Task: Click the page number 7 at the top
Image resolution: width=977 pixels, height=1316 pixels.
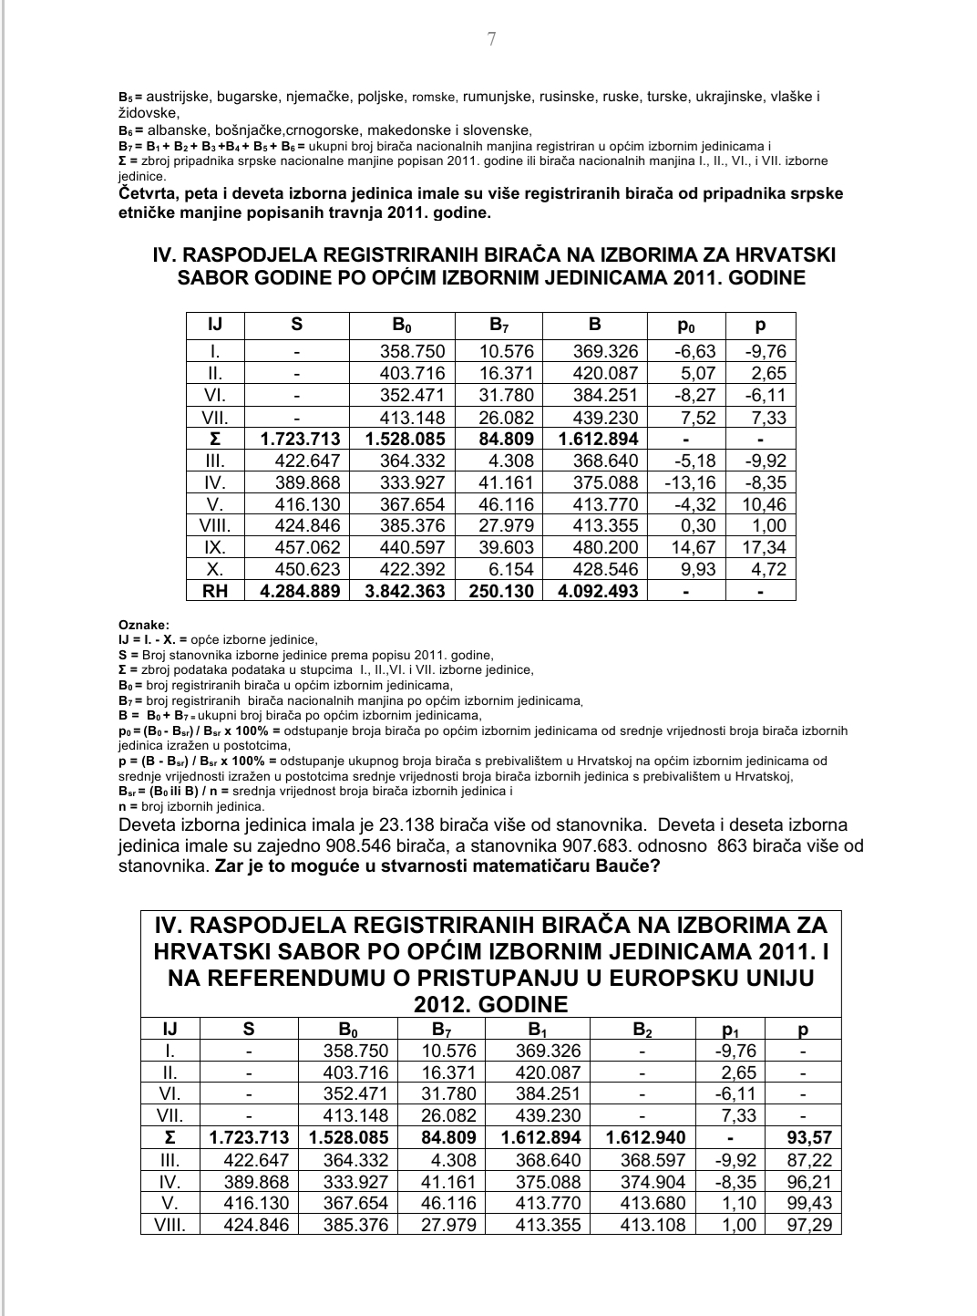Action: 492,39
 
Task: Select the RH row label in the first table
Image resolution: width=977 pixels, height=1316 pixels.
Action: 216,591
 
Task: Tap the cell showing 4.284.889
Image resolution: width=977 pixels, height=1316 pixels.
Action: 300,591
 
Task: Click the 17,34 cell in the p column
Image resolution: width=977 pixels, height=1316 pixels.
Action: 763,547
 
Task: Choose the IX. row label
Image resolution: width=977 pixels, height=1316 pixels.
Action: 216,547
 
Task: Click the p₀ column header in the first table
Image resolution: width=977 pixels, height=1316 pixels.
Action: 685,326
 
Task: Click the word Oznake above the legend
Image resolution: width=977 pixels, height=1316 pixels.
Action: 143,625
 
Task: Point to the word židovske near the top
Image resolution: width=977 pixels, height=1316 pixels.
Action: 149,113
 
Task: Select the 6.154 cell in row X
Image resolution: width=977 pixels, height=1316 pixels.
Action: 506,569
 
